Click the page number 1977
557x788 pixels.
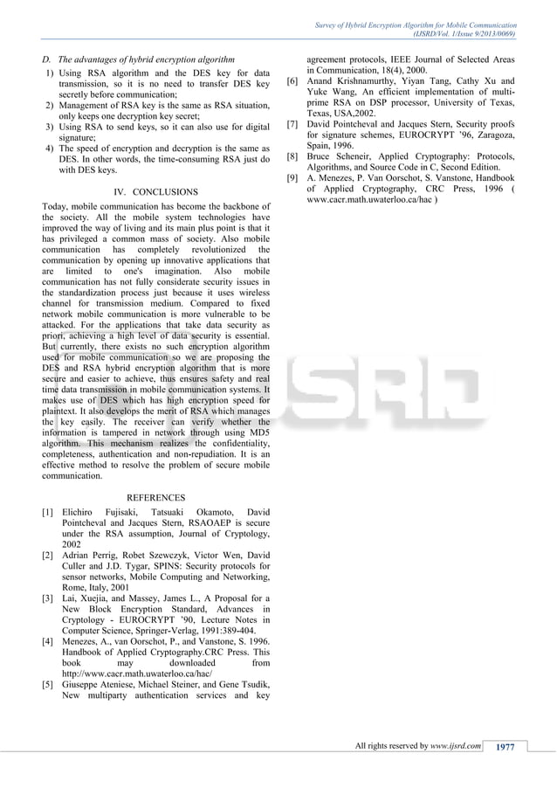(x=507, y=745)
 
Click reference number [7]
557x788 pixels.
(x=293, y=125)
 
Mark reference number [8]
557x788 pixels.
(x=293, y=156)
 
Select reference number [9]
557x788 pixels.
(x=293, y=178)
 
